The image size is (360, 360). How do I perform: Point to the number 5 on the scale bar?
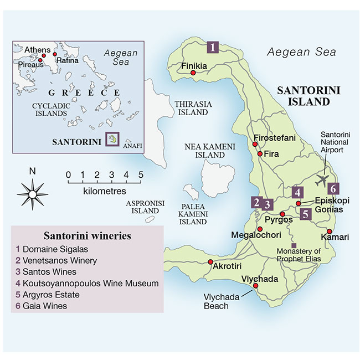(x=141, y=175)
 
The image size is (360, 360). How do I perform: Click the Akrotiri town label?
(x=228, y=266)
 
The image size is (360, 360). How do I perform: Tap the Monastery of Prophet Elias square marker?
(x=294, y=245)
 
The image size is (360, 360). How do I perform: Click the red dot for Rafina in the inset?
(x=55, y=55)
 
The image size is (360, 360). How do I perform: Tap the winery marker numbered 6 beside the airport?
(x=333, y=187)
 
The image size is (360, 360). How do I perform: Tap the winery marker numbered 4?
(x=298, y=192)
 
